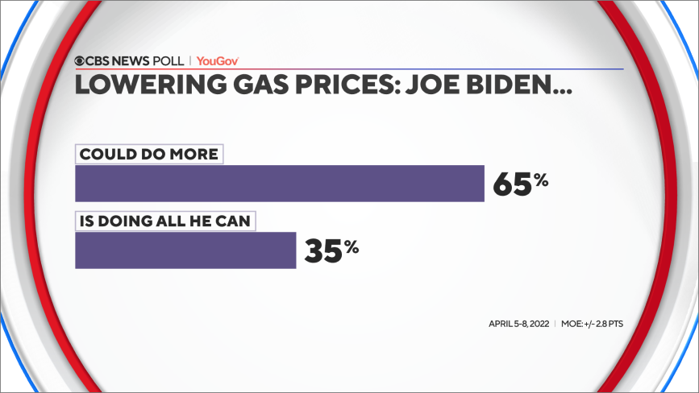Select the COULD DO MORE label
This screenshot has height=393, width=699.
click(x=148, y=154)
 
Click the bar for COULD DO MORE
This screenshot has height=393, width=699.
click(x=279, y=184)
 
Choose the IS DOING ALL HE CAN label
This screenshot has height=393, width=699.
click(x=165, y=220)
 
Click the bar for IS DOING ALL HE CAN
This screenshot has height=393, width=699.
click(x=185, y=250)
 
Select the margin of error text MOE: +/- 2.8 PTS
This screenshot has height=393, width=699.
click(x=593, y=324)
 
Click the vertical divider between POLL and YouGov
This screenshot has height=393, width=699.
click(x=190, y=60)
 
